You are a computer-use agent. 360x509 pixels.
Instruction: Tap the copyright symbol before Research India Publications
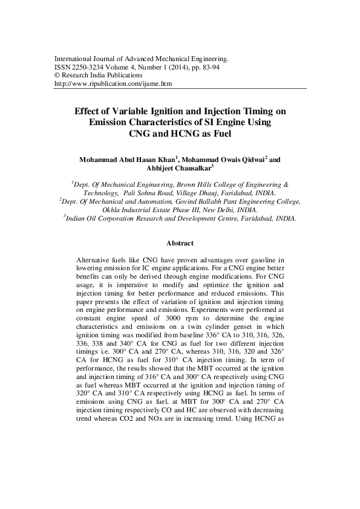(57, 76)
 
